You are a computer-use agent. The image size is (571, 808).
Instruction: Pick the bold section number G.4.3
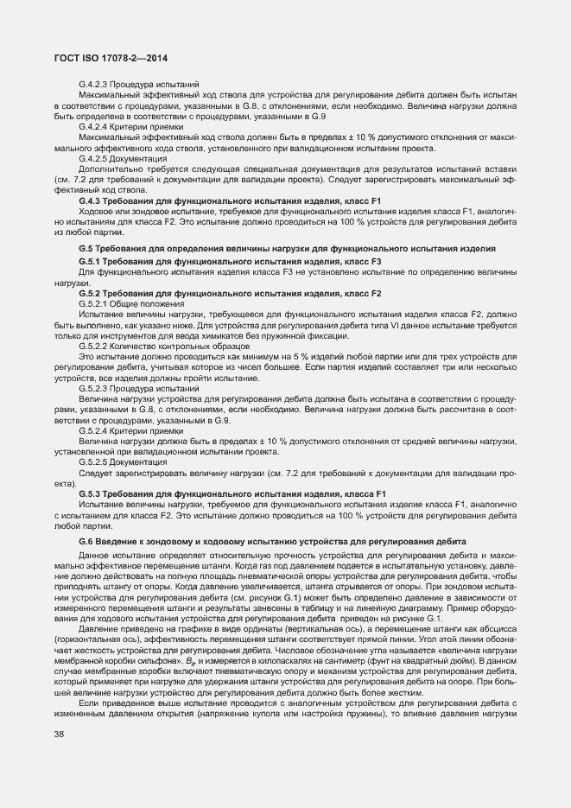pos(91,201)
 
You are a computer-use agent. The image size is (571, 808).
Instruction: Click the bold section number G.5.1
pos(91,261)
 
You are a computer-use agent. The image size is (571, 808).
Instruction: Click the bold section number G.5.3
pos(91,493)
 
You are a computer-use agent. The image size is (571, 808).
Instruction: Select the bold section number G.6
pos(86,541)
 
